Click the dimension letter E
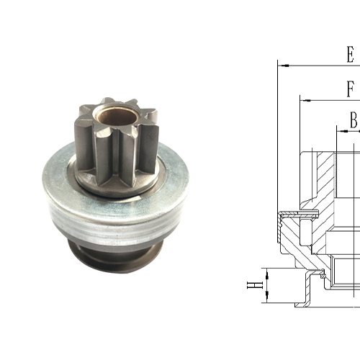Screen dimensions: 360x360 [350, 55]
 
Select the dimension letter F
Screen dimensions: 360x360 [351, 90]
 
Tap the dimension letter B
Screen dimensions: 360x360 [354, 120]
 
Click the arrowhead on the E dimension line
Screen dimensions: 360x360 [283, 66]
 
